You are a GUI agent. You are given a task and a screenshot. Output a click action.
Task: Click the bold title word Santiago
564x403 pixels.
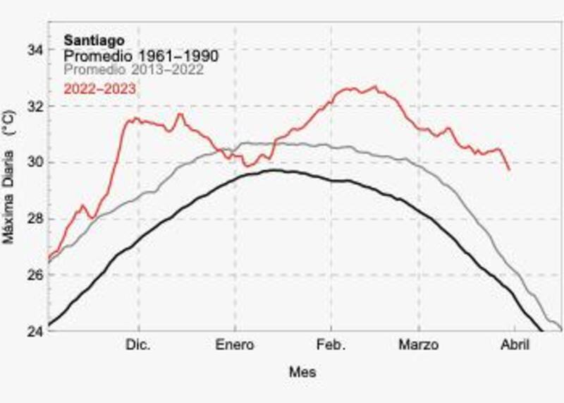point(88,40)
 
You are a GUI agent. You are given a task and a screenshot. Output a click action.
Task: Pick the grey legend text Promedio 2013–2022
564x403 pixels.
point(134,70)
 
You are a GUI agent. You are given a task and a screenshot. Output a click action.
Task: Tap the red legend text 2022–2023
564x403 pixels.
point(99,88)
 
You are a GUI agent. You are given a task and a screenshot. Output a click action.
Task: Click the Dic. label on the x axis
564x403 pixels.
point(139,346)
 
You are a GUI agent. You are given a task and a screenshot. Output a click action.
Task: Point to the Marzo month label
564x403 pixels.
point(419,346)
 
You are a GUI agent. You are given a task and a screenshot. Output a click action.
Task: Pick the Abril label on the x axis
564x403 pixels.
point(515,346)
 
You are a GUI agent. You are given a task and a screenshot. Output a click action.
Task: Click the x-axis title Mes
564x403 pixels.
point(302,372)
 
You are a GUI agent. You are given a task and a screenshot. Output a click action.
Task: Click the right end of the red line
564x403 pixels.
point(509,170)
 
